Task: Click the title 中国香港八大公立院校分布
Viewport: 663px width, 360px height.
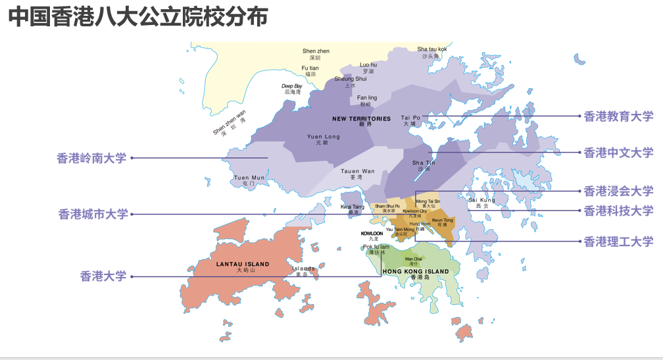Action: tap(138, 17)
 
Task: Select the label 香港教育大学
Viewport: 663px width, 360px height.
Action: tap(618, 116)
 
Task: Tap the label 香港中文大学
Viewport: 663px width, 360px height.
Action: tap(618, 153)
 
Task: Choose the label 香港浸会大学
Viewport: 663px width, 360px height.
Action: tap(618, 192)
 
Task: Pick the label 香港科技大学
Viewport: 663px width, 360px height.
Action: tap(618, 211)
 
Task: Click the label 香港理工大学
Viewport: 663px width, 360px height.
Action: tap(618, 242)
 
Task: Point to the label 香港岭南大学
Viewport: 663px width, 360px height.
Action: tap(91, 158)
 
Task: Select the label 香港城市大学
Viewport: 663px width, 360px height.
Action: tap(93, 214)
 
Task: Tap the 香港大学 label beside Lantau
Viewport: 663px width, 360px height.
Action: tap(103, 276)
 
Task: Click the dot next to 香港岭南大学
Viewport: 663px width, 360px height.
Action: tap(132, 158)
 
